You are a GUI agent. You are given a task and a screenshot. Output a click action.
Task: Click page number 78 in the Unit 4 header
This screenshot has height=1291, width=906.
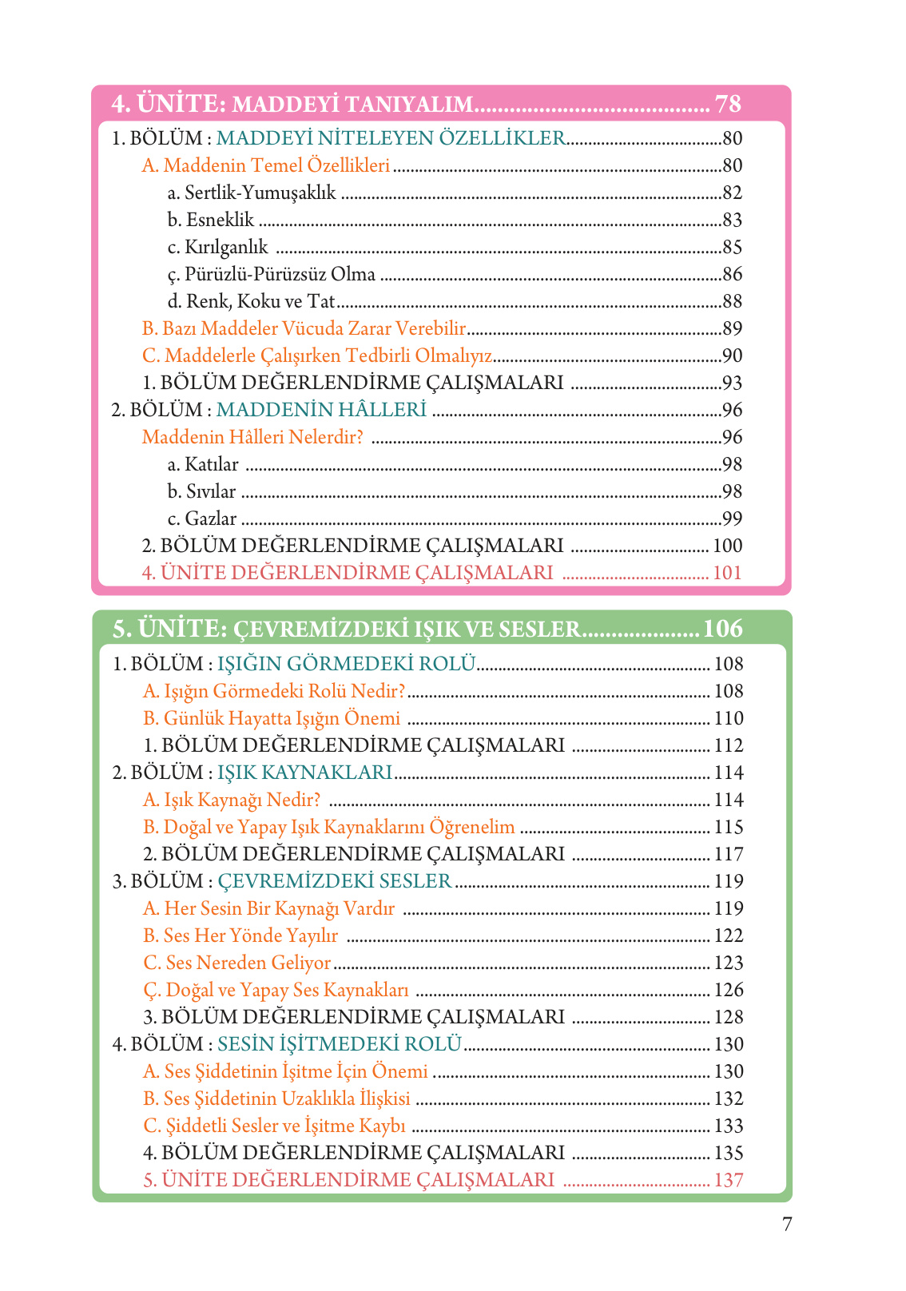pos(728,104)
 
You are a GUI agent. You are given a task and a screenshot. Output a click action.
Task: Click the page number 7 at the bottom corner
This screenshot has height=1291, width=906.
pos(787,1224)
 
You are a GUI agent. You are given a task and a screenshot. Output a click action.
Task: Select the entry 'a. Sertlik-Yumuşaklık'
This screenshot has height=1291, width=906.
pos(252,193)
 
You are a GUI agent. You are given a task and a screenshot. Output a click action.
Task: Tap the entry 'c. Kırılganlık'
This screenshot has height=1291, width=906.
pos(217,248)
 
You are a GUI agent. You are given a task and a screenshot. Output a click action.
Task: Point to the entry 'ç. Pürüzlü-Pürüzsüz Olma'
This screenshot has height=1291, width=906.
pos(271,275)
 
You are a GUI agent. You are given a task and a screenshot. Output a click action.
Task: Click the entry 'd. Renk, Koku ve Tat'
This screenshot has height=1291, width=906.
pos(251,302)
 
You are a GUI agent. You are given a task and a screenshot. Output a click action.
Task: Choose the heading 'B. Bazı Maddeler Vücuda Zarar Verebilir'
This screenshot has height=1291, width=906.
pos(304,329)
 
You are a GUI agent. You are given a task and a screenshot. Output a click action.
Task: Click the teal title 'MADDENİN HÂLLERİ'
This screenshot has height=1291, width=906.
pos(321,411)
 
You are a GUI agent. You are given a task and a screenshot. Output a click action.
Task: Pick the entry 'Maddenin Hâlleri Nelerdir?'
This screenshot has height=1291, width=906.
pos(252,438)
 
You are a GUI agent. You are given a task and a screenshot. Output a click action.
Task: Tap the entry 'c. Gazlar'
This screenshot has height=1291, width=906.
pos(202,519)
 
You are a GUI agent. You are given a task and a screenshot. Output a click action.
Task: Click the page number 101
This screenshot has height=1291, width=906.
pos(727,574)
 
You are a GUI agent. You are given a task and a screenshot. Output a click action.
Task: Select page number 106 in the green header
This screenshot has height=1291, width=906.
pos(722,630)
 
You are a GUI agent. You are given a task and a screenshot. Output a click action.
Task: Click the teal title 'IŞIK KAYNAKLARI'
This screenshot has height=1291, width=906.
pos(304,773)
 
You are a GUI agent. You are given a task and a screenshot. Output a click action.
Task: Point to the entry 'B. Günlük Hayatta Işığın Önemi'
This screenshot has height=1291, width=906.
pos(272,719)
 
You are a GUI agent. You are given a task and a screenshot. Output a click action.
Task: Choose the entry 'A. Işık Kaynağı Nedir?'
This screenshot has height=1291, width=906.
pos(232,800)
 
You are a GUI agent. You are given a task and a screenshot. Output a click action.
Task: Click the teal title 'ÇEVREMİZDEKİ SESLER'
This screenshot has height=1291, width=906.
pos(334,882)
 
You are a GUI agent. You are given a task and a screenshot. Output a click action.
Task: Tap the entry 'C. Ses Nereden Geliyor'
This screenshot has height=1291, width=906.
pos(236,963)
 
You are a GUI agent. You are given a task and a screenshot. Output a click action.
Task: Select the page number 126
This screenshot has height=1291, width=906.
pos(728,991)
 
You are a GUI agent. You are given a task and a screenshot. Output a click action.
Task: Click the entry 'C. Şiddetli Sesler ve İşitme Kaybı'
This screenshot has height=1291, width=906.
pos(274,1126)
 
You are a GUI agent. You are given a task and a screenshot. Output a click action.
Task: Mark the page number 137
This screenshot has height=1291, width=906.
pos(728,1181)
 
